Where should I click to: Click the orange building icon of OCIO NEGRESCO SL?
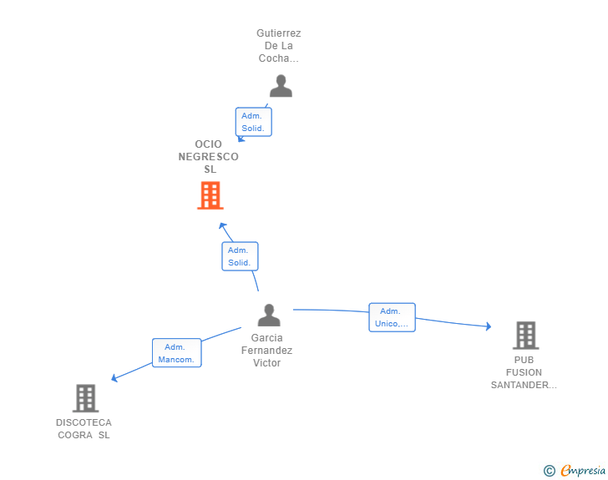[210, 195]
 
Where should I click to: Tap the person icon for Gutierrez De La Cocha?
[281, 86]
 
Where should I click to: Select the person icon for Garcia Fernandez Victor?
[269, 315]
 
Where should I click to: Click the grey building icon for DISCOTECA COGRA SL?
[86, 398]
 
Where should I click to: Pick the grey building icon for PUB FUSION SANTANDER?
[526, 336]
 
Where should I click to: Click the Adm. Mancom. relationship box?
[177, 353]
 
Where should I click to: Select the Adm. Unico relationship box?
[392, 317]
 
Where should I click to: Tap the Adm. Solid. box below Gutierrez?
[254, 122]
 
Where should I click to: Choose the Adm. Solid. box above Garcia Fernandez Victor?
[240, 256]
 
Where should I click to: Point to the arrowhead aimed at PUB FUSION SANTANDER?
[489, 326]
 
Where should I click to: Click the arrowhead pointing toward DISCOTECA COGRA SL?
[114, 377]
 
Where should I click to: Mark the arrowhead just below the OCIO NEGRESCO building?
[222, 225]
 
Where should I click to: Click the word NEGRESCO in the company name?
[208, 157]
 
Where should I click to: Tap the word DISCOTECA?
[84, 422]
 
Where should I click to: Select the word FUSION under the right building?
[524, 372]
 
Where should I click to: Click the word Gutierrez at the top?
[278, 33]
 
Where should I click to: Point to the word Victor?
[266, 363]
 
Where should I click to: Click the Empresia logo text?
[583, 470]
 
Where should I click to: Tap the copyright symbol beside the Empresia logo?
[550, 471]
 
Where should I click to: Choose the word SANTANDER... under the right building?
[524, 385]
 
